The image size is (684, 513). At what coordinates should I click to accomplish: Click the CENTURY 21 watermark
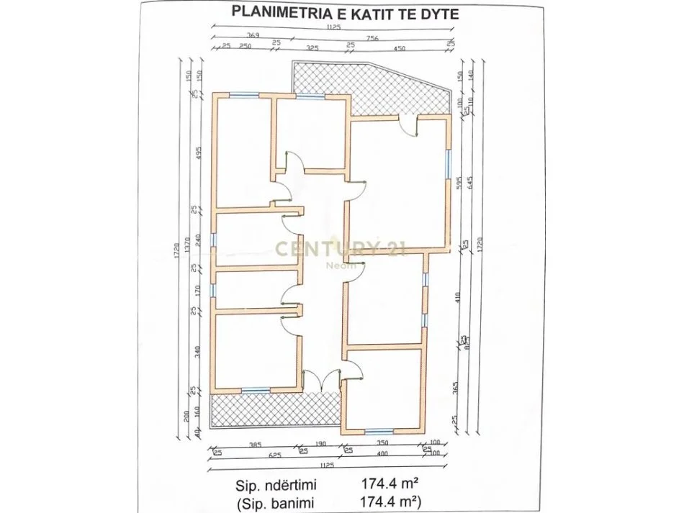341,250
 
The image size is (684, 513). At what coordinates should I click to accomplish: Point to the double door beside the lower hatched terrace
321,379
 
